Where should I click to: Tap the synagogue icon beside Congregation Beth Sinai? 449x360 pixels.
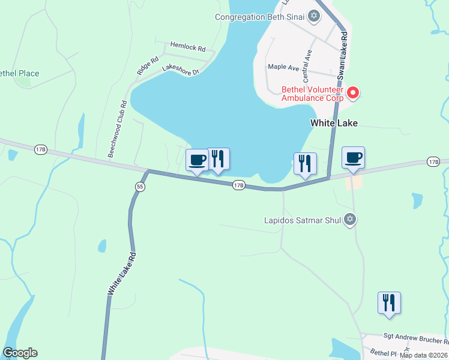313,16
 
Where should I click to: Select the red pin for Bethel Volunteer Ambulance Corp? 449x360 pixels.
354,93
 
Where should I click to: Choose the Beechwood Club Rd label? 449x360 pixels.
117,128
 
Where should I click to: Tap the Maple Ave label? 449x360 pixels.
283,68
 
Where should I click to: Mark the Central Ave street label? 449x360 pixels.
307,65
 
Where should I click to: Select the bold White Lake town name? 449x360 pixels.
334,123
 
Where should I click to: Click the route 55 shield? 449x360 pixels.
140,187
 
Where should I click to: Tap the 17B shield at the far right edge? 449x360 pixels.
433,161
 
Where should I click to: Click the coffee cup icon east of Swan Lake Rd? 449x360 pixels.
354,158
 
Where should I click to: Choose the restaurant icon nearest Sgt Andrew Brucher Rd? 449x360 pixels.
389,302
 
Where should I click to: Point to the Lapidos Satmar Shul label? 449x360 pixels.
303,220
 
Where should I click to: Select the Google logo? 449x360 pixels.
20,353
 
